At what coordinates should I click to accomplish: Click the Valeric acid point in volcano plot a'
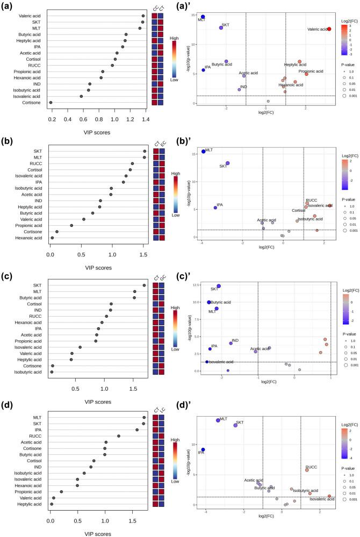pyautogui.click(x=329, y=28)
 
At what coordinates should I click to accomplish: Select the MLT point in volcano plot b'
pyautogui.click(x=203, y=151)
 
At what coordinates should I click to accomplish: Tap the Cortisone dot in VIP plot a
pyautogui.click(x=51, y=102)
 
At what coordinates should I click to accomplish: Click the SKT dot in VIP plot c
pyautogui.click(x=144, y=285)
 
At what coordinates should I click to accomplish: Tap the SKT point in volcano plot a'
pyautogui.click(x=221, y=27)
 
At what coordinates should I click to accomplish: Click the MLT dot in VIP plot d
pyautogui.click(x=144, y=417)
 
